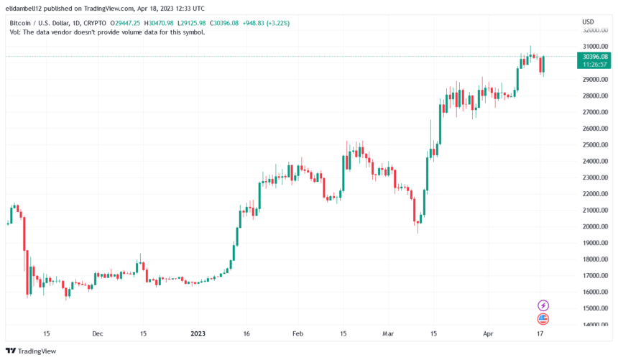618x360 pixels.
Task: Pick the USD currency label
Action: click(588, 22)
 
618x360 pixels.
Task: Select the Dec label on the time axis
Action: click(98, 334)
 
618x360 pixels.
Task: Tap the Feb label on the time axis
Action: click(298, 334)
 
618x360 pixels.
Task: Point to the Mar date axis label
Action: click(388, 334)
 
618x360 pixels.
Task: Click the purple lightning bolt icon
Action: click(543, 306)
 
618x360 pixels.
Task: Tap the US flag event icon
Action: click(543, 319)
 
